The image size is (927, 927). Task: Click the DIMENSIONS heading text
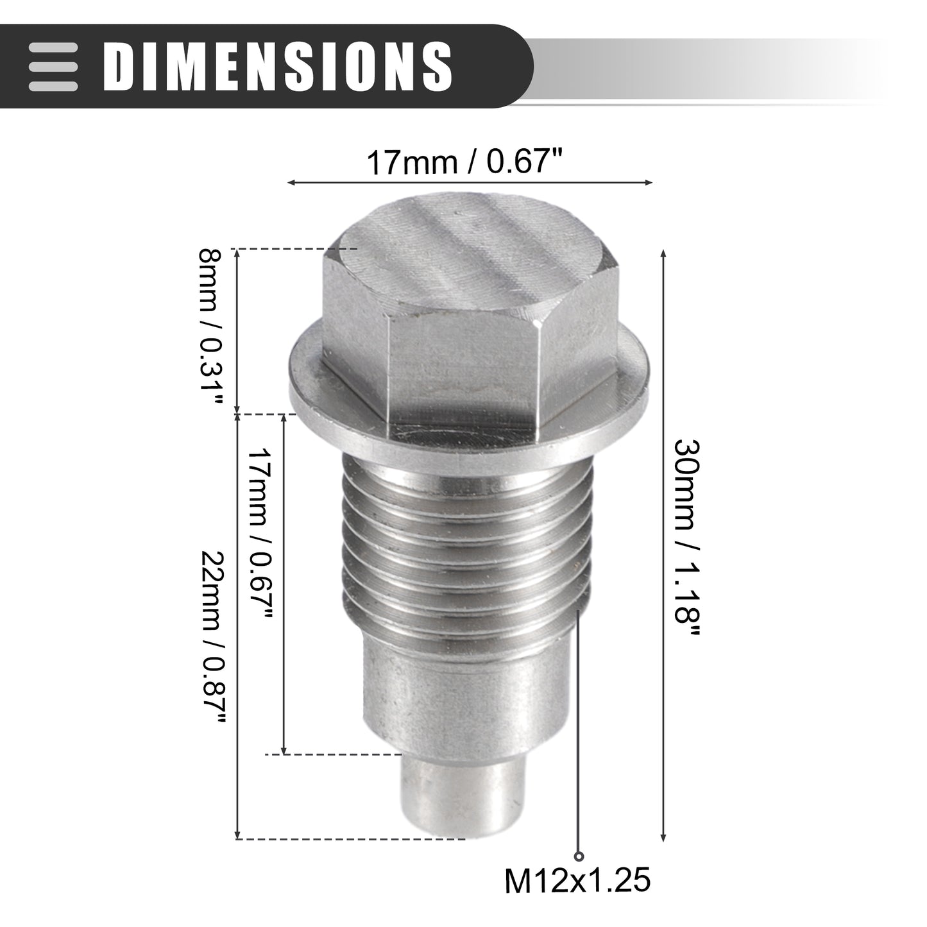point(278,66)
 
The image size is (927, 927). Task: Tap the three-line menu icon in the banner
point(53,67)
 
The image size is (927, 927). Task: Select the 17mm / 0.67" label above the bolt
point(464,162)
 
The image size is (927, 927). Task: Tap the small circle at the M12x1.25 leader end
point(579,856)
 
